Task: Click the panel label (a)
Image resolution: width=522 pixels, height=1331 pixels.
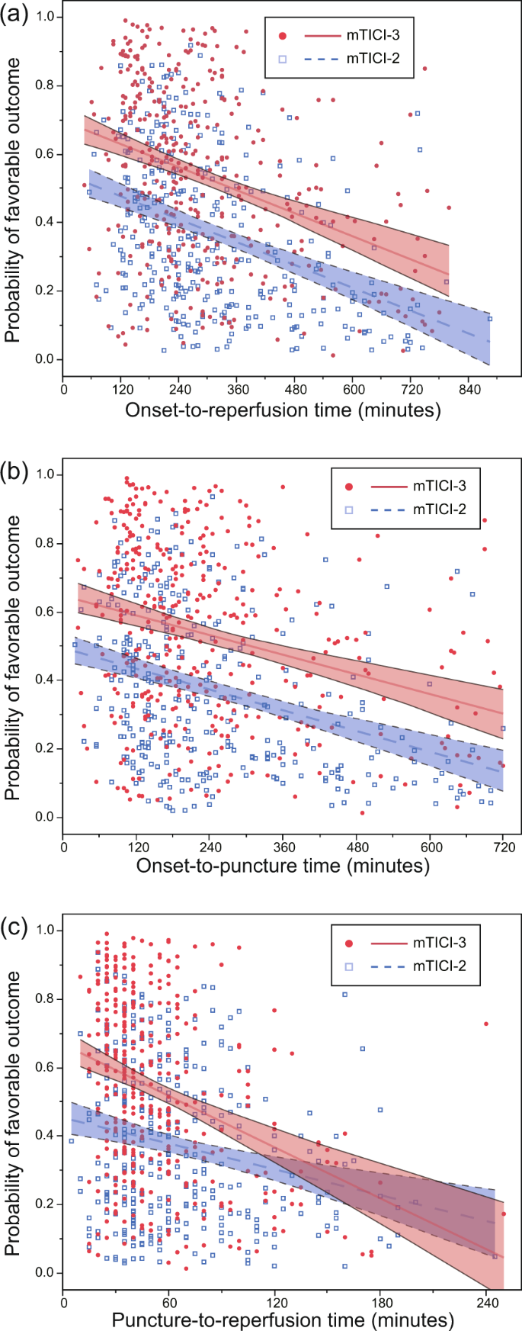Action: [15, 13]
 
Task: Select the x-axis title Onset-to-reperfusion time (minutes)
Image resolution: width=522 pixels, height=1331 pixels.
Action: [283, 410]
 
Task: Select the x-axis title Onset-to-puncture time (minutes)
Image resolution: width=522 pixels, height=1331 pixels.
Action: [283, 866]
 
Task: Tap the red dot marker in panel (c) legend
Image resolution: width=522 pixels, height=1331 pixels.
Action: [349, 944]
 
